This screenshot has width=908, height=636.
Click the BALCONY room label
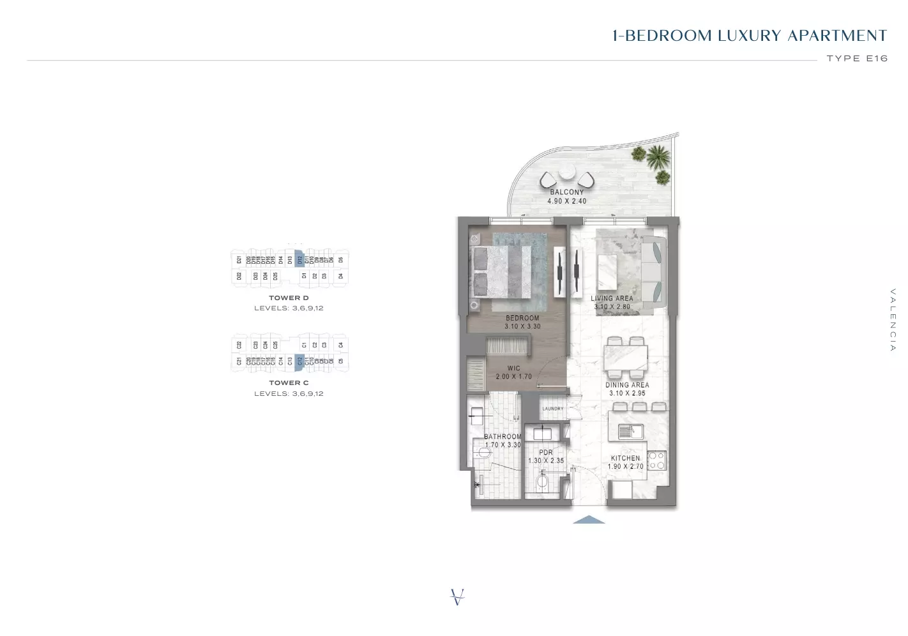click(x=566, y=192)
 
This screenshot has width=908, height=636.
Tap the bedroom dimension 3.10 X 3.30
click(x=522, y=326)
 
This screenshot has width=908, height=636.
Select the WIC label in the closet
click(x=514, y=368)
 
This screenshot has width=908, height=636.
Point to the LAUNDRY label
click(x=553, y=409)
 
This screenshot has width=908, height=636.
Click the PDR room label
click(x=546, y=452)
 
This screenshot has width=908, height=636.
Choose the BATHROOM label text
click(x=503, y=437)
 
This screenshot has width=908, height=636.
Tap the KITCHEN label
click(x=625, y=458)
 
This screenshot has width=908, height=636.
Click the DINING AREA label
click(x=627, y=385)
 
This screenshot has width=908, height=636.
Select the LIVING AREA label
click(x=612, y=298)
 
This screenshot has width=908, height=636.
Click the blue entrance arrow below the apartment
click(x=589, y=520)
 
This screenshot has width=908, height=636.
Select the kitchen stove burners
click(x=656, y=460)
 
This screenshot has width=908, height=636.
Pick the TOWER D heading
click(x=289, y=298)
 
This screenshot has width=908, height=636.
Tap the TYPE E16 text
click(x=857, y=58)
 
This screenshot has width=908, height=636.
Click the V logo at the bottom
click(x=457, y=597)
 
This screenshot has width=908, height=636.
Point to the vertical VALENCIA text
click(x=893, y=320)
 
